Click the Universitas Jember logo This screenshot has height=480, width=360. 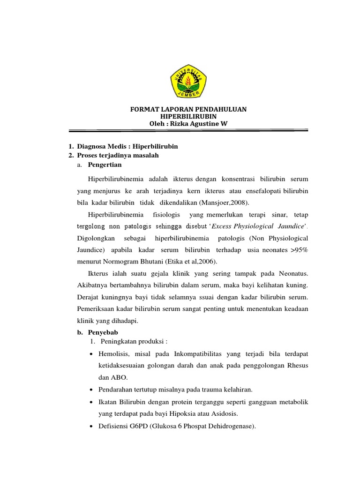(x=188, y=82)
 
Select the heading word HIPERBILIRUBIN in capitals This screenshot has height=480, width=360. (x=188, y=116)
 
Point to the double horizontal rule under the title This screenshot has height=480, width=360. (x=188, y=132)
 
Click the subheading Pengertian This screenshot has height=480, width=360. (x=105, y=165)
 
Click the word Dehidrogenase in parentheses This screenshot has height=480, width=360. (x=228, y=426)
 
